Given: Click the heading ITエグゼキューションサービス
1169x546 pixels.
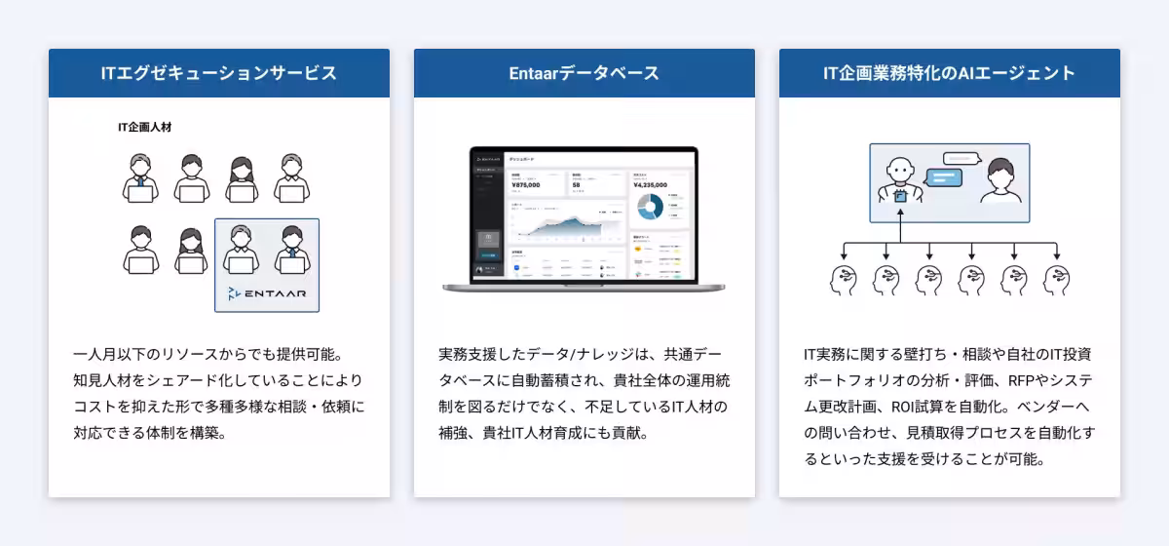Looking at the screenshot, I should click(x=218, y=73).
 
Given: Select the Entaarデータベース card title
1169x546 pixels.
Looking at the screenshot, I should click(x=584, y=73).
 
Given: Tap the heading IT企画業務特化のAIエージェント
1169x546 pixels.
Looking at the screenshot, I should click(x=949, y=73).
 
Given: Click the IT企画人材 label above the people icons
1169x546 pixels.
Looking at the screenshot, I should click(x=144, y=127).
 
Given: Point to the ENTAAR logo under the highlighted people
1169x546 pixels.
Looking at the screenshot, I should click(x=266, y=292).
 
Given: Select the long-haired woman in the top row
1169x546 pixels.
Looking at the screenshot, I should click(x=242, y=178).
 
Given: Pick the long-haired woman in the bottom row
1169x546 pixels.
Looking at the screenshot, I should click(x=191, y=251).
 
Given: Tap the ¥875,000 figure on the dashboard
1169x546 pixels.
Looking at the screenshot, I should click(x=525, y=184).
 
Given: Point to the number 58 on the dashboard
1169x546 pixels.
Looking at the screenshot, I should click(x=577, y=184).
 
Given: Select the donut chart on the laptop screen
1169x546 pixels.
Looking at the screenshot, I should click(x=649, y=206).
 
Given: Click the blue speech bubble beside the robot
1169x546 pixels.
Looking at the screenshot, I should click(x=943, y=177).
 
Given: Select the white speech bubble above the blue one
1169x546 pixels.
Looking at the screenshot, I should click(x=960, y=158).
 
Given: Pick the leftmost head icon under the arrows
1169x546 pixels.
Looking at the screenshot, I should click(x=844, y=281).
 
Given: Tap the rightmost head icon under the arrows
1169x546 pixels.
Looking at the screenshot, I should click(x=1057, y=281).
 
